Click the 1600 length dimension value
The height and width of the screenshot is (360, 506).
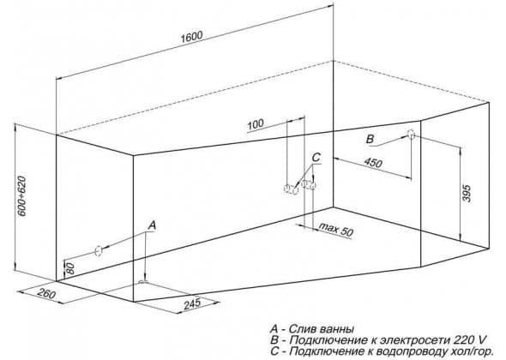pyautogui.click(x=192, y=37)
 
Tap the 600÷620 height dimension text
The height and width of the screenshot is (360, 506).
pyautogui.click(x=22, y=196)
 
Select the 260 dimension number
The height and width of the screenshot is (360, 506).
pyautogui.click(x=46, y=293)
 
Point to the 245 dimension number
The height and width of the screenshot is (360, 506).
pyautogui.click(x=192, y=303)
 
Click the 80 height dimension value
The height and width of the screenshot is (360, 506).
pyautogui.click(x=70, y=268)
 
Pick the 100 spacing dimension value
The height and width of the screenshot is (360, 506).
pyautogui.click(x=256, y=124)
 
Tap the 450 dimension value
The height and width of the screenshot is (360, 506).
pyautogui.click(x=373, y=163)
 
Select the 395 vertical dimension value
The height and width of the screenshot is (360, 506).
pyautogui.click(x=467, y=193)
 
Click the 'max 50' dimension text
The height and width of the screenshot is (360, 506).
pyautogui.click(x=336, y=229)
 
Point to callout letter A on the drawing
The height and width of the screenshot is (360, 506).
pyautogui.click(x=153, y=225)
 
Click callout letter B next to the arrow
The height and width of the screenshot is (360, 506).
pyautogui.click(x=370, y=140)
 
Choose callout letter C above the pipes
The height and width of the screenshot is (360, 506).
pyautogui.click(x=316, y=157)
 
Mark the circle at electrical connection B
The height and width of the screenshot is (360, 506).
pyautogui.click(x=411, y=135)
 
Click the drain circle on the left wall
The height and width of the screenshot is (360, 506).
pyautogui.click(x=99, y=250)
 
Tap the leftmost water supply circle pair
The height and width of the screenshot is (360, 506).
pyautogui.click(x=291, y=189)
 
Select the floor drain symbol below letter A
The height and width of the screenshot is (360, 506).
pyautogui.click(x=143, y=282)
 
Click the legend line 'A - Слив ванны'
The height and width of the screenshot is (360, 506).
pyautogui.click(x=312, y=329)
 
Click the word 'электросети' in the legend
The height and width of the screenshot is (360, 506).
pyautogui.click(x=413, y=340)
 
